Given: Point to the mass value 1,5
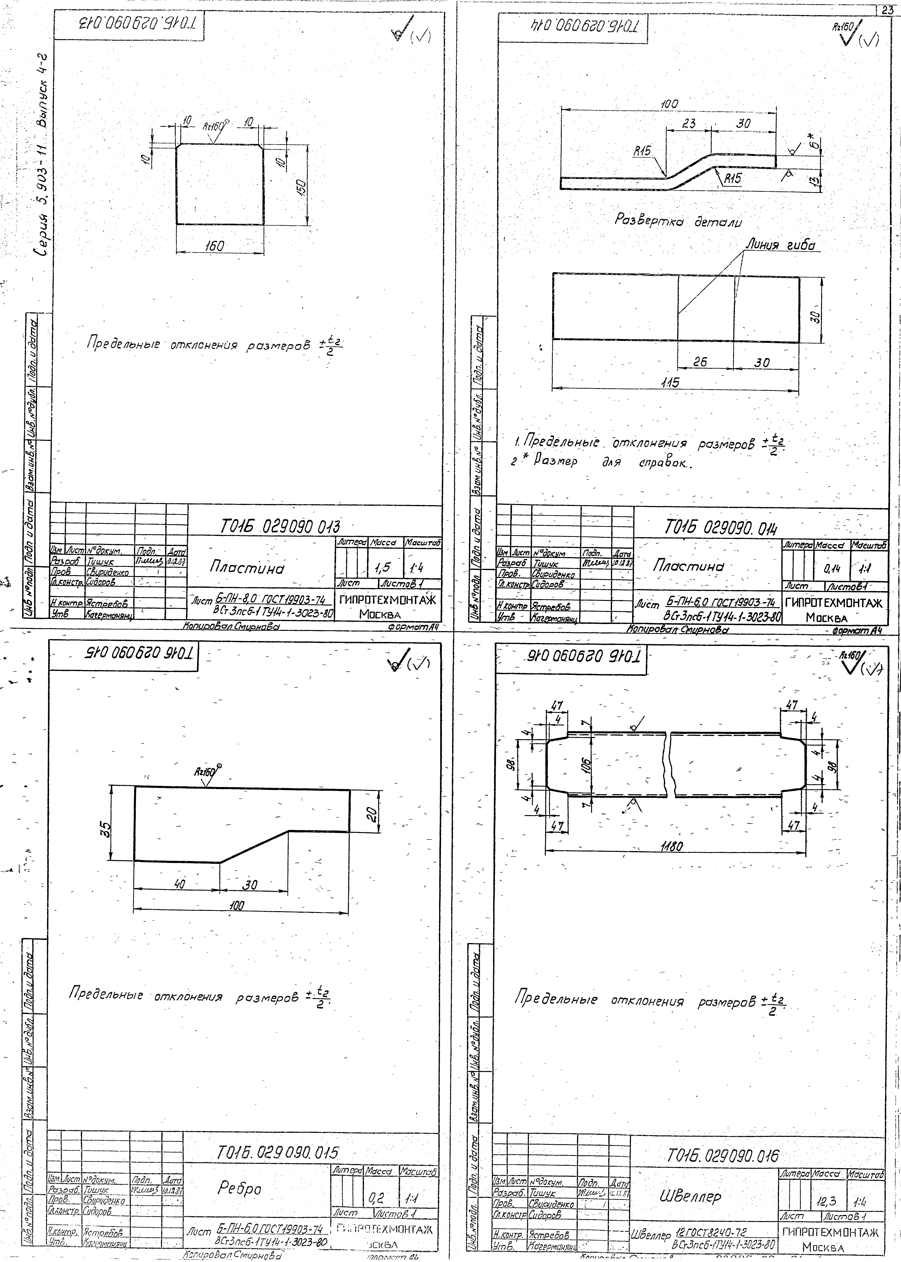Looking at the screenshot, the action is click(x=382, y=567).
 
